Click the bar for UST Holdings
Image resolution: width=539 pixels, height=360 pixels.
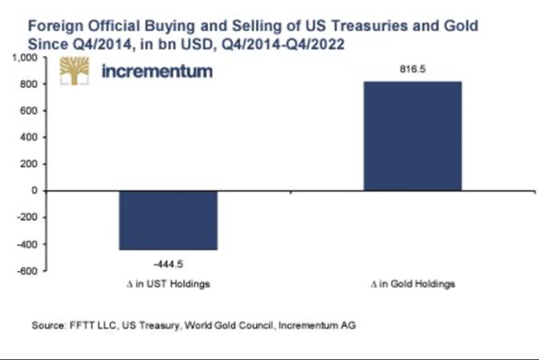click(168, 220)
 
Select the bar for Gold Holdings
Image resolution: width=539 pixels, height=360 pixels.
click(412, 135)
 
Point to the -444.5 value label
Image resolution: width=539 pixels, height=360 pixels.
click(168, 262)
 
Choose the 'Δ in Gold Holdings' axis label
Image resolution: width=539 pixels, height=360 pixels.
click(413, 284)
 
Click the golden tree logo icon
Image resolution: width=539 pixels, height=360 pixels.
click(75, 71)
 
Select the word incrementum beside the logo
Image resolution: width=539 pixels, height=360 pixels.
click(157, 71)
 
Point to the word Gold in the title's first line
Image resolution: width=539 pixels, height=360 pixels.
click(463, 27)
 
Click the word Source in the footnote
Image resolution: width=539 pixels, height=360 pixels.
click(46, 326)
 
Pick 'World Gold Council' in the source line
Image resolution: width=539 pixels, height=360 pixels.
click(238, 326)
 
